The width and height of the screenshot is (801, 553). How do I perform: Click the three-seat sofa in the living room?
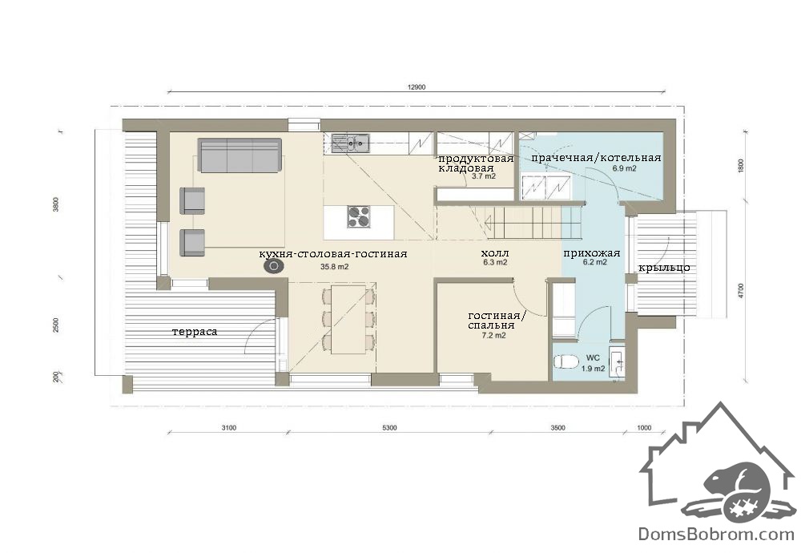click(x=239, y=155)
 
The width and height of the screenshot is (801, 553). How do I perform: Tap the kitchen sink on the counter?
click(x=351, y=143)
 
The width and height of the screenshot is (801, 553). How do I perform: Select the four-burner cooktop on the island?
click(x=359, y=216)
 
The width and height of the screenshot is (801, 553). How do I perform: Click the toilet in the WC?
click(x=566, y=361)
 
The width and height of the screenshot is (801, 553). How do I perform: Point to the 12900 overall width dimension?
click(x=417, y=87)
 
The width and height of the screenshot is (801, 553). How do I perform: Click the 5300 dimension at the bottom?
click(x=389, y=428)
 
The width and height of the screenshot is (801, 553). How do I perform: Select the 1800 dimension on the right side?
click(x=741, y=166)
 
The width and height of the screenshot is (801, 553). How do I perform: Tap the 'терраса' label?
click(x=195, y=332)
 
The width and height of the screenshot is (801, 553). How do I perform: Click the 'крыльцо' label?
click(x=664, y=268)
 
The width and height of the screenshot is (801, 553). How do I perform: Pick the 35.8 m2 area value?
click(x=335, y=266)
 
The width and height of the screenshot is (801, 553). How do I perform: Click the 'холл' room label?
click(x=495, y=253)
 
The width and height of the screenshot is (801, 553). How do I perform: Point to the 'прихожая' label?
click(x=592, y=253)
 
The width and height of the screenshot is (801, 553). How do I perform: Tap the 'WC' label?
click(x=593, y=357)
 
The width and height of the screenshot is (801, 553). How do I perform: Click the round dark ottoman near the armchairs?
click(x=274, y=266)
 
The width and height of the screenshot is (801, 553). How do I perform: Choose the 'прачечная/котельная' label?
click(x=596, y=158)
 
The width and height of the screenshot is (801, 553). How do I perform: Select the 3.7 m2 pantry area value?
click(x=483, y=176)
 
